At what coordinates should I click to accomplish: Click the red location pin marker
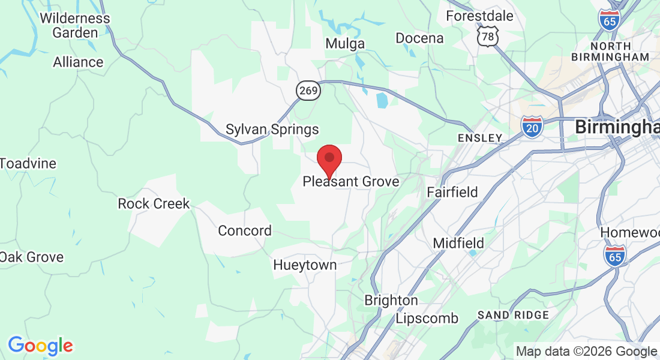[329, 160]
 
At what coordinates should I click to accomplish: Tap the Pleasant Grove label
[350, 181]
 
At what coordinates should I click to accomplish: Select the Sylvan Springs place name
[272, 130]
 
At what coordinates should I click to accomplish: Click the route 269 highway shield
[308, 91]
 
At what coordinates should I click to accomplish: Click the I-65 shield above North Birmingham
[609, 20]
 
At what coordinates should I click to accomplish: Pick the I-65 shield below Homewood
[615, 256]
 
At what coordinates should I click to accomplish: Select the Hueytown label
[305, 265]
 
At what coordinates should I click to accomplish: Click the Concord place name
[245, 230]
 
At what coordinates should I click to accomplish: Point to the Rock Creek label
[154, 203]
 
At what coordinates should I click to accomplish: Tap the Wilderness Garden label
[75, 25]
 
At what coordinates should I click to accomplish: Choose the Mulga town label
[345, 44]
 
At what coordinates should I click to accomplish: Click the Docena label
[419, 38]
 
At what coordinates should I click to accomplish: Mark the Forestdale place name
[479, 16]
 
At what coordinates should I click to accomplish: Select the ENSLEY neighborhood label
[479, 138]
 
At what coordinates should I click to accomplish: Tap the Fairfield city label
[452, 192]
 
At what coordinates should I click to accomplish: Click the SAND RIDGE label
[513, 315]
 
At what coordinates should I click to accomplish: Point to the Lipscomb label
[427, 318]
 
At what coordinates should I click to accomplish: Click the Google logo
[40, 346]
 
